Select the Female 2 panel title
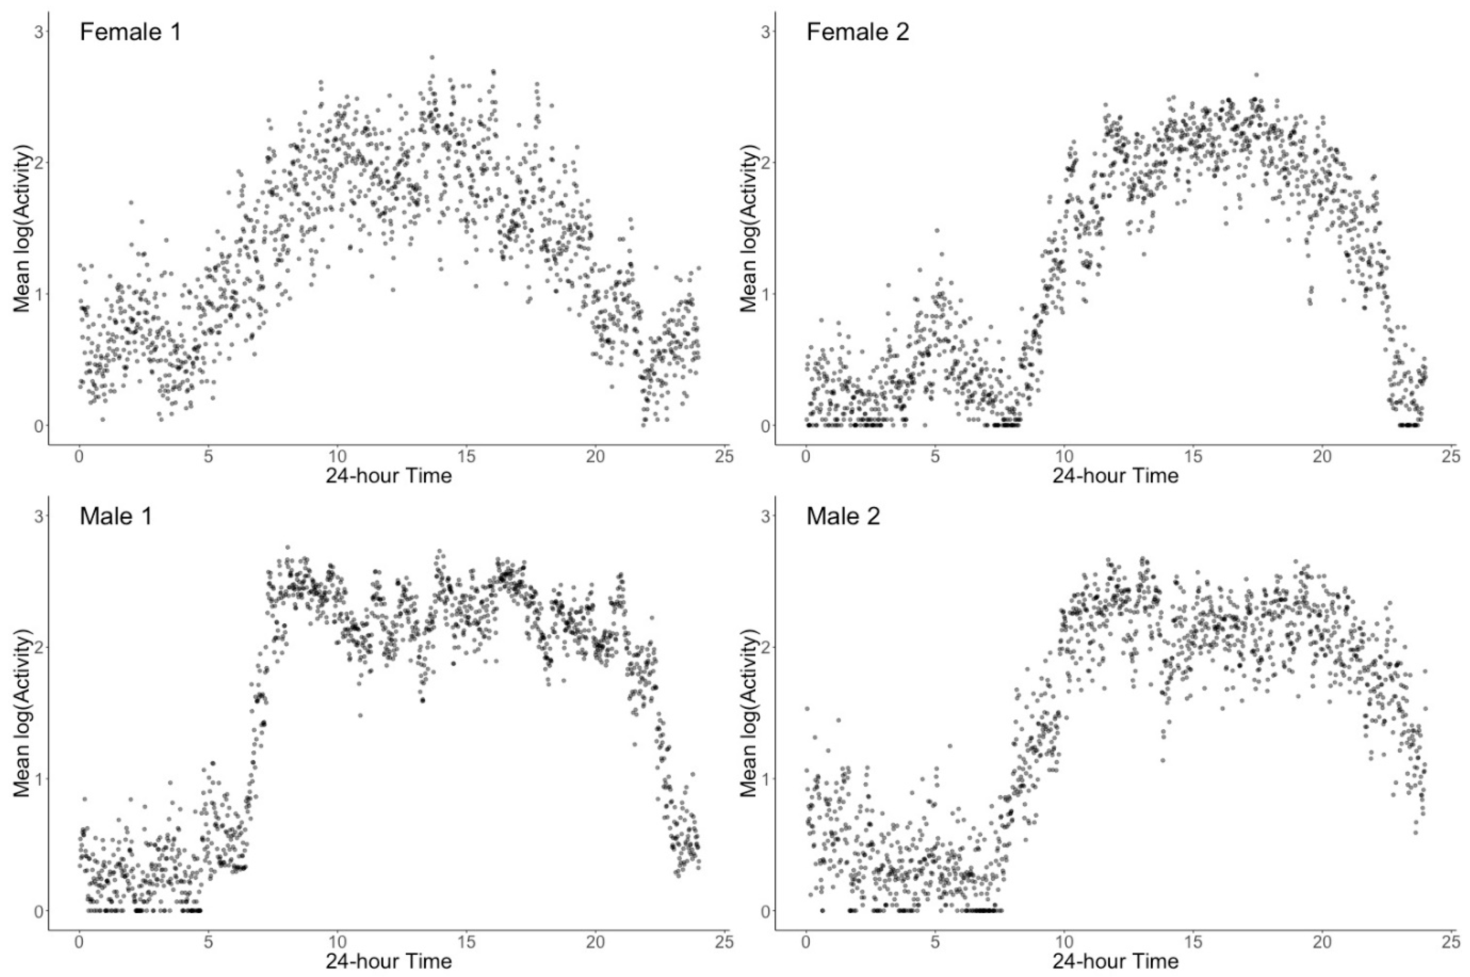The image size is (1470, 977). pyautogui.click(x=857, y=32)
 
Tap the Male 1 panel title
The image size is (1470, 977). pyautogui.click(x=116, y=516)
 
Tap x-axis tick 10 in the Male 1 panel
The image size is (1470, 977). pyautogui.click(x=337, y=941)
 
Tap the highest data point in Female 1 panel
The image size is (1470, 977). pyautogui.click(x=431, y=57)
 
